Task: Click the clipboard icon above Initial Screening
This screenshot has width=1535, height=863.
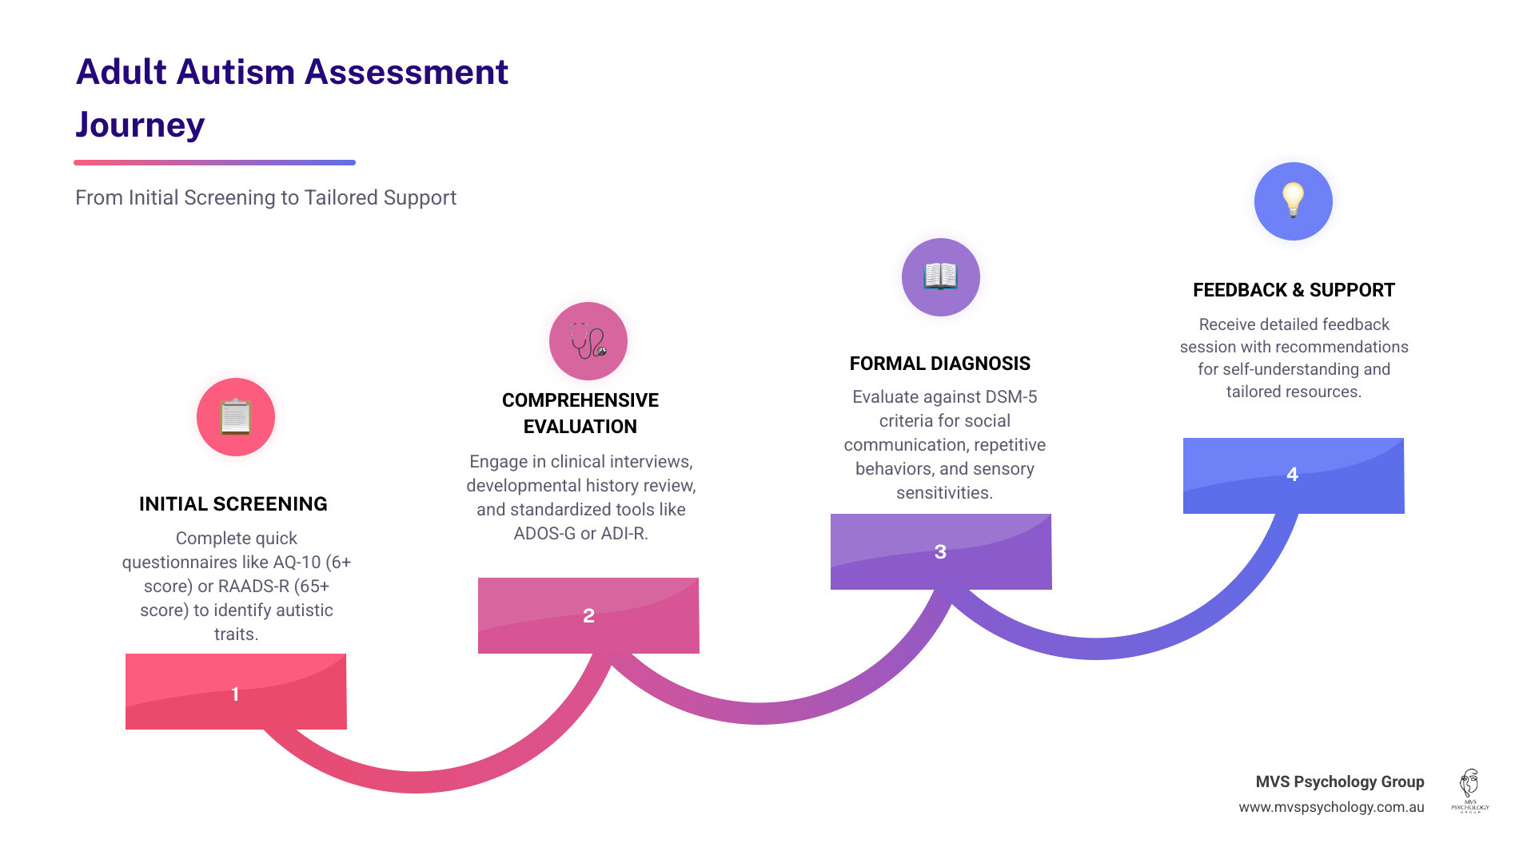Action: (x=236, y=417)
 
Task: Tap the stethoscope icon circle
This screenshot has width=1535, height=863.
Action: (x=588, y=341)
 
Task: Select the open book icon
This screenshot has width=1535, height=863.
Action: (x=940, y=277)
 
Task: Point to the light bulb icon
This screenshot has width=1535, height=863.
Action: (x=1293, y=201)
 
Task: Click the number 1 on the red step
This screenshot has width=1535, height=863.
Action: (x=235, y=694)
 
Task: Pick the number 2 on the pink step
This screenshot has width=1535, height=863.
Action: (x=588, y=616)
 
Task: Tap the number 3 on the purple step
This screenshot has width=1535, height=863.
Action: (x=940, y=552)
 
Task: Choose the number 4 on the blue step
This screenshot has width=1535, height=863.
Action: (x=1292, y=475)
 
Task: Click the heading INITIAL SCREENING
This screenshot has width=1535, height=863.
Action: (x=233, y=504)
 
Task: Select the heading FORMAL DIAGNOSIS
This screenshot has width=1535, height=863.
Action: (x=939, y=364)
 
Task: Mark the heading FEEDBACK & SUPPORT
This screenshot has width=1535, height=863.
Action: (x=1294, y=290)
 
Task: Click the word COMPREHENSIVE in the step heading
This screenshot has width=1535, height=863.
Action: (x=580, y=400)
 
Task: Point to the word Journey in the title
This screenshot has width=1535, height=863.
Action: (x=141, y=125)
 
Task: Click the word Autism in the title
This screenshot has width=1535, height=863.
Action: (x=236, y=72)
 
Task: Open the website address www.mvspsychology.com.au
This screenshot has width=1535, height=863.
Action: (x=1331, y=807)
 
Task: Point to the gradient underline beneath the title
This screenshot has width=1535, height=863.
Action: (x=214, y=162)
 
